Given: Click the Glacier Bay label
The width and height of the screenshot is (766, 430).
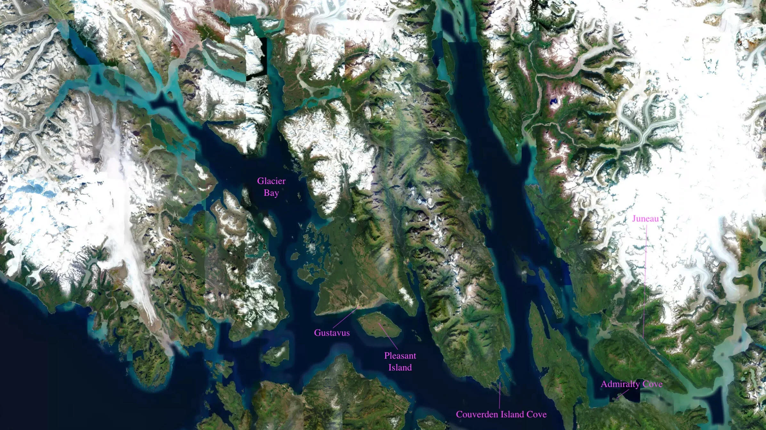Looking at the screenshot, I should [271, 187].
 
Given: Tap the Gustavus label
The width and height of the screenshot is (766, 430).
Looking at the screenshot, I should [332, 333].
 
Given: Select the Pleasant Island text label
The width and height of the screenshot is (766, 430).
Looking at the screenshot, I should [400, 362].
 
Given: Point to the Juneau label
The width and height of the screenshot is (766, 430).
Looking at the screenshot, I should [645, 219].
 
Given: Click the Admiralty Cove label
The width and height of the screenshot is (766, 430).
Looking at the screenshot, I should [632, 384].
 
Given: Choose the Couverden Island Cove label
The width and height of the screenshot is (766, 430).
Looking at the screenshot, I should [501, 414].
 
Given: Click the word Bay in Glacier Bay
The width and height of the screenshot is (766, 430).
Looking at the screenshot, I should [271, 193].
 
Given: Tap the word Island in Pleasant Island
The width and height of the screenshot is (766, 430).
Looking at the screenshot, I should [400, 367].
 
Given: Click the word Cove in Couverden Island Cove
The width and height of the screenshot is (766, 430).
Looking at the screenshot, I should [537, 414].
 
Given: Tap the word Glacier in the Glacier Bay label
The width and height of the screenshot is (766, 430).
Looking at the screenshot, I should [271, 181].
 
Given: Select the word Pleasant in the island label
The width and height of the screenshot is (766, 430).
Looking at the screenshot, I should [400, 355].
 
